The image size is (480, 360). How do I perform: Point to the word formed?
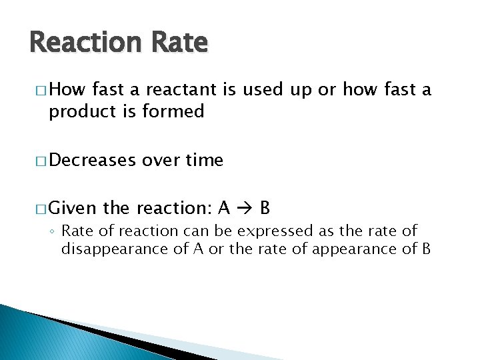tap(172, 111)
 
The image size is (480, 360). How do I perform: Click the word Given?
tap(73, 209)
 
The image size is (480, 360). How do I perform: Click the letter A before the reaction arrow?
tap(225, 209)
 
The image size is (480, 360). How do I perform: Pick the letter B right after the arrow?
tap(265, 209)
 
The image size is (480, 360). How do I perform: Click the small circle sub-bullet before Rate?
tap(53, 232)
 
